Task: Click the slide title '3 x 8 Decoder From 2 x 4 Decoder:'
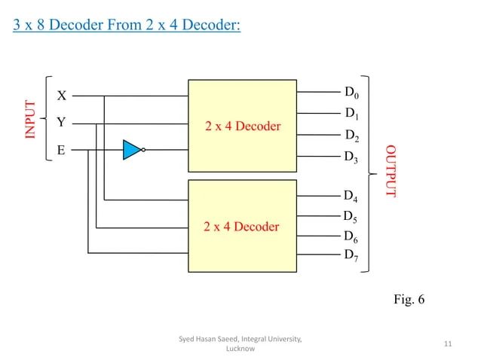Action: coord(127,27)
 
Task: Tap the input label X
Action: coord(63,96)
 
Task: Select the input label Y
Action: coord(63,122)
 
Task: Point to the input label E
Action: coord(62,150)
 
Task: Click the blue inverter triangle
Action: coord(133,149)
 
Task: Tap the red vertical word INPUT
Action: coord(31,119)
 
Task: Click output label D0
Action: coord(352,93)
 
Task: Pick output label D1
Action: coord(351,114)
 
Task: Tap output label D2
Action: coord(351,137)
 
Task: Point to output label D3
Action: coord(351,158)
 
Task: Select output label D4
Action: coord(351,197)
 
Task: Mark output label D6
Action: coord(351,236)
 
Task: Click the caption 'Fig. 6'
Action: coord(409,300)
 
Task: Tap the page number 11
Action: coord(448,344)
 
